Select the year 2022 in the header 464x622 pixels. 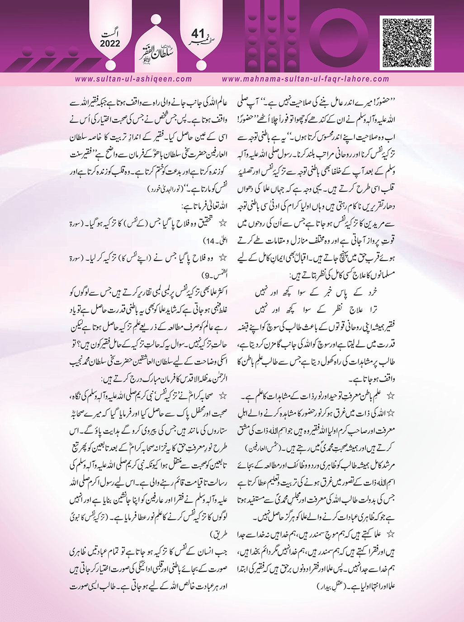(x=107, y=44)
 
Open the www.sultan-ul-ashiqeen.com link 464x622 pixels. (x=133, y=79)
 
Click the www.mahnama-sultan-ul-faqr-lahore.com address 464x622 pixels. (x=306, y=79)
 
